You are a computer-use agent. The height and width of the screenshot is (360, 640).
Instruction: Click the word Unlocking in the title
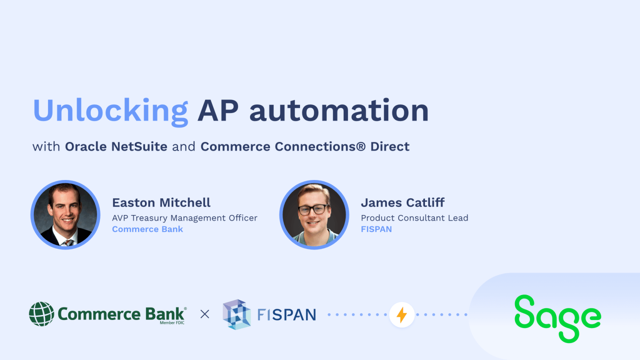click(110, 111)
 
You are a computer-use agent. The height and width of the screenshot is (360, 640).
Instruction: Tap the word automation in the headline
click(339, 111)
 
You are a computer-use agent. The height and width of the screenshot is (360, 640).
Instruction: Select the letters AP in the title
click(218, 111)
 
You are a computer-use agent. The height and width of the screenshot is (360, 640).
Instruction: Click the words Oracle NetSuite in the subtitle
click(116, 147)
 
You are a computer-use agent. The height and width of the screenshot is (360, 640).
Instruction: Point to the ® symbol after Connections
click(360, 147)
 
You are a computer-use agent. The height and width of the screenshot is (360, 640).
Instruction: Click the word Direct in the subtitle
click(390, 147)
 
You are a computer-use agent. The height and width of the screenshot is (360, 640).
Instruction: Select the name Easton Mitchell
click(161, 202)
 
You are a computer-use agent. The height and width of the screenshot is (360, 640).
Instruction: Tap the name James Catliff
click(402, 202)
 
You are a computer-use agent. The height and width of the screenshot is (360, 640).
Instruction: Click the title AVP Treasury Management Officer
click(185, 218)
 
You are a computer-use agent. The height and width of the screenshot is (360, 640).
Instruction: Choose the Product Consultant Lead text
click(414, 218)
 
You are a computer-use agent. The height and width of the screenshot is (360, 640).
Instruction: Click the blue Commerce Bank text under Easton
click(147, 229)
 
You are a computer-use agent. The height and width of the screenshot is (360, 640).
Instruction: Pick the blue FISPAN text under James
click(376, 229)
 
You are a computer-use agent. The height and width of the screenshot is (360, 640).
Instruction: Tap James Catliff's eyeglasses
click(313, 209)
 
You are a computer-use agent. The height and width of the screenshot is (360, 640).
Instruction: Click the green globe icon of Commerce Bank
click(42, 314)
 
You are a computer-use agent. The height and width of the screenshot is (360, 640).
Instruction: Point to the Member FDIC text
click(172, 323)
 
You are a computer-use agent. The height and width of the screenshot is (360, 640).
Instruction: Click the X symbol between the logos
click(205, 314)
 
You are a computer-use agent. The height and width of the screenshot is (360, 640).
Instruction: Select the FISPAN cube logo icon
click(237, 314)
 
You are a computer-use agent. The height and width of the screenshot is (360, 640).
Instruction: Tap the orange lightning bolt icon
click(402, 315)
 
